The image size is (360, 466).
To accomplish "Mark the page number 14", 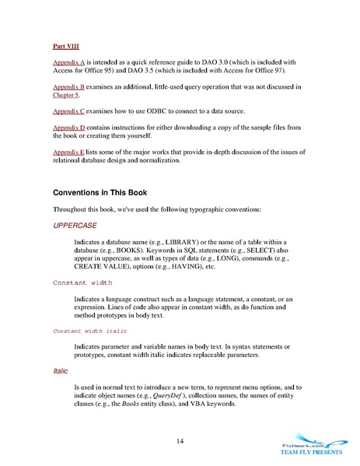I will tap(180, 442).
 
